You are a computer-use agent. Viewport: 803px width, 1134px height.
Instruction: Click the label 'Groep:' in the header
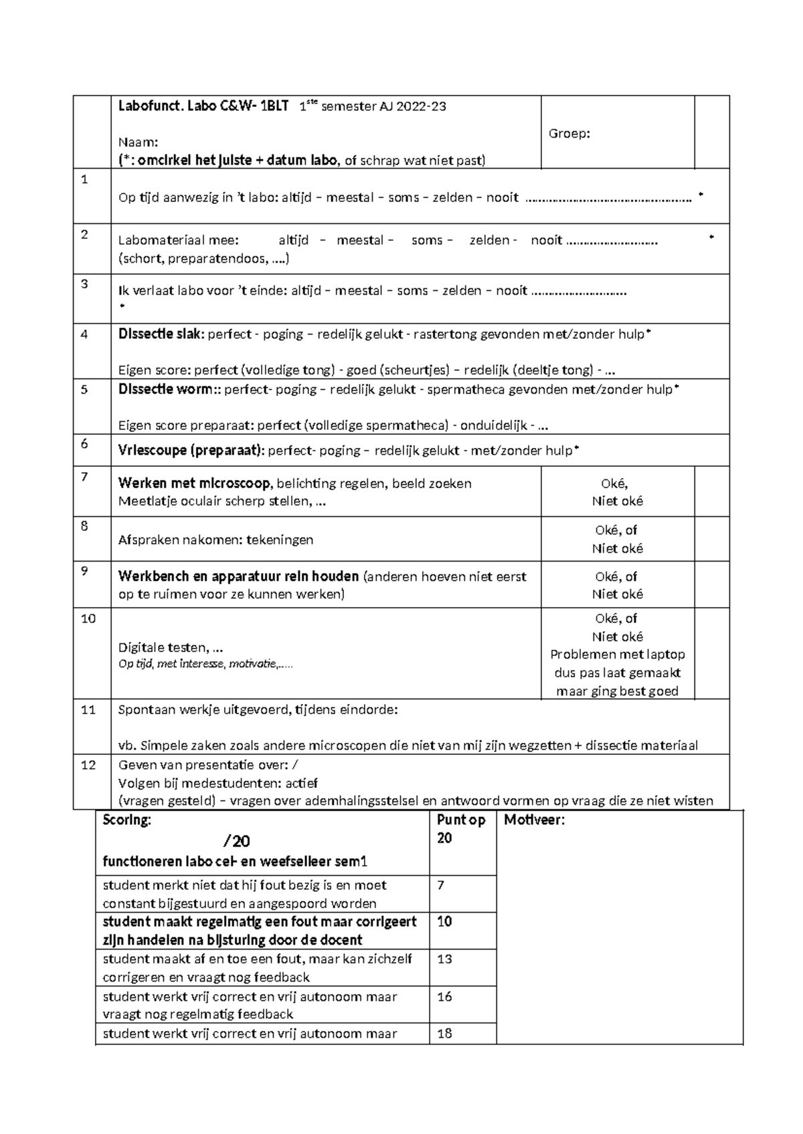[569, 134]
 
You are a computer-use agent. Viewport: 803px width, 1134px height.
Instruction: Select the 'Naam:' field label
[139, 142]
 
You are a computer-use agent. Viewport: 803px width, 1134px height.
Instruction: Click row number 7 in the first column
[84, 477]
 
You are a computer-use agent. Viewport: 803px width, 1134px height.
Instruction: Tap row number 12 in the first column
[88, 765]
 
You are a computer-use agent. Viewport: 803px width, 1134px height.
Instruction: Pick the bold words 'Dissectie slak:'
[161, 334]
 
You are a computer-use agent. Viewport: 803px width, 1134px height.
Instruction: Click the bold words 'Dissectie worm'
[165, 389]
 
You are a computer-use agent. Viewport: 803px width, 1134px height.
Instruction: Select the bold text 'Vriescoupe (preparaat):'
[191, 451]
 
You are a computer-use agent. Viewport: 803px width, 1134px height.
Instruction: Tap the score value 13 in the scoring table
[444, 959]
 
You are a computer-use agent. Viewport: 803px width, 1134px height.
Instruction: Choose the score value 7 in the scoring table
[440, 885]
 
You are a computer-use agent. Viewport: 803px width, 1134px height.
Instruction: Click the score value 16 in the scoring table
[444, 997]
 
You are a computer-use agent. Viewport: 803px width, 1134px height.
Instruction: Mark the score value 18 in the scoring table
[444, 1034]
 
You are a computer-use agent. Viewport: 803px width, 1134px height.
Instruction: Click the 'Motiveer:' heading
[535, 820]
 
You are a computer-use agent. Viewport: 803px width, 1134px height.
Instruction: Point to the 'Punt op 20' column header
[460, 828]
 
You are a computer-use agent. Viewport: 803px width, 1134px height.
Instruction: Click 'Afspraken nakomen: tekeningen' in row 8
[215, 540]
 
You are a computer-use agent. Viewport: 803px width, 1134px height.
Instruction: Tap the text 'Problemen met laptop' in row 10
[617, 655]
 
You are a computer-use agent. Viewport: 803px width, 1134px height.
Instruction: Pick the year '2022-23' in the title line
[421, 106]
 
